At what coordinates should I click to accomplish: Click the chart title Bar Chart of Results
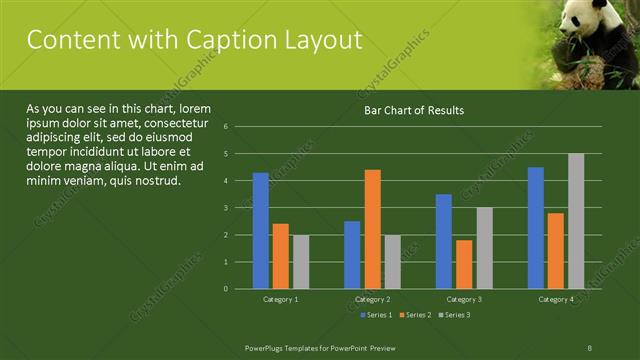click(x=413, y=110)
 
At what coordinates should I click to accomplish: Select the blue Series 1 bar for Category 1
click(x=261, y=230)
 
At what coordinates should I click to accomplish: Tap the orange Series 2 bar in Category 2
click(x=372, y=229)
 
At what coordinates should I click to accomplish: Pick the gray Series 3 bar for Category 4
click(x=576, y=221)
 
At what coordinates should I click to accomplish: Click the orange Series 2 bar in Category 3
click(x=464, y=264)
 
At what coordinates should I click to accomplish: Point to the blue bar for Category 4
click(x=536, y=228)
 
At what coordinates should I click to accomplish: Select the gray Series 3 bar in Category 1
click(x=301, y=262)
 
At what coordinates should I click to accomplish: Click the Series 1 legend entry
click(x=375, y=315)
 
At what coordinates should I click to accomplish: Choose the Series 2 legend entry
click(x=414, y=315)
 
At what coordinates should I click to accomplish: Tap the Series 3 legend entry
click(x=453, y=315)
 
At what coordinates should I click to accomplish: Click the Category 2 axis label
click(x=372, y=299)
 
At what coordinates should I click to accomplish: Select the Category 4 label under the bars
click(x=556, y=299)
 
